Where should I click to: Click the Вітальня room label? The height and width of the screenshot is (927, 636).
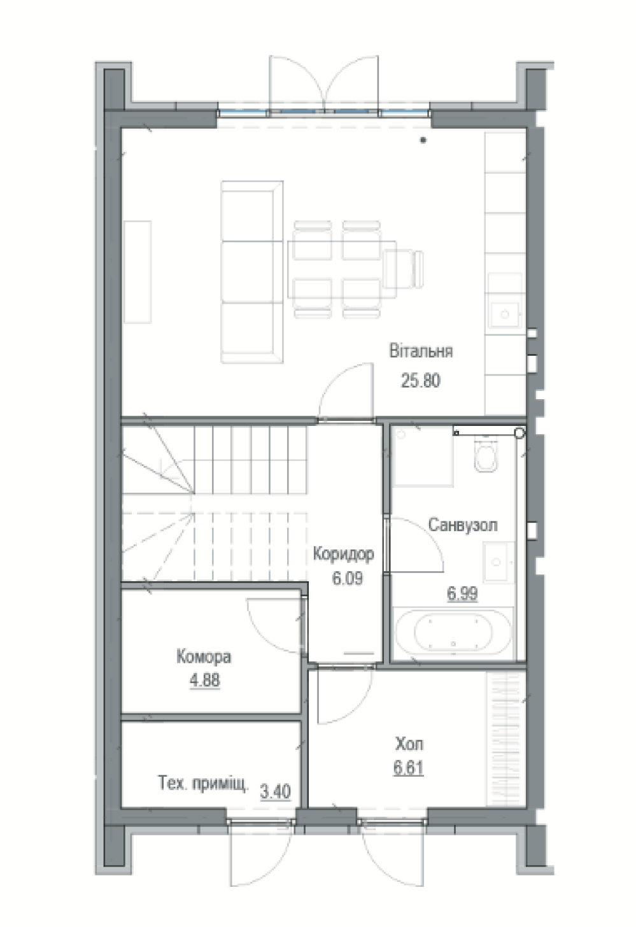421,351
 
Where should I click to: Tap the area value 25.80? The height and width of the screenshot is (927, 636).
420,380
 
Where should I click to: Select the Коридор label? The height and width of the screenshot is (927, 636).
343,554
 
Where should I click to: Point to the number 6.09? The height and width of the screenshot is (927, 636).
348,578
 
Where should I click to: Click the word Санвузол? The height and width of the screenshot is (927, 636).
463,525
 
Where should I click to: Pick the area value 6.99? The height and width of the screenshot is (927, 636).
462,594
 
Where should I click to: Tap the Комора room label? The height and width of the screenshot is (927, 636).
204,657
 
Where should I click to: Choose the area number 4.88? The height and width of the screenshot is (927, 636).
205,680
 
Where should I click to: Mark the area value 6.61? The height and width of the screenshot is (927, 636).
409,768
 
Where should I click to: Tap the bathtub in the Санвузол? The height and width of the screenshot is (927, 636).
453,632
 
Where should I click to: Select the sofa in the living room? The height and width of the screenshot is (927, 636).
252,272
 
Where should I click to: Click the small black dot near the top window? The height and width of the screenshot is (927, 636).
423,140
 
